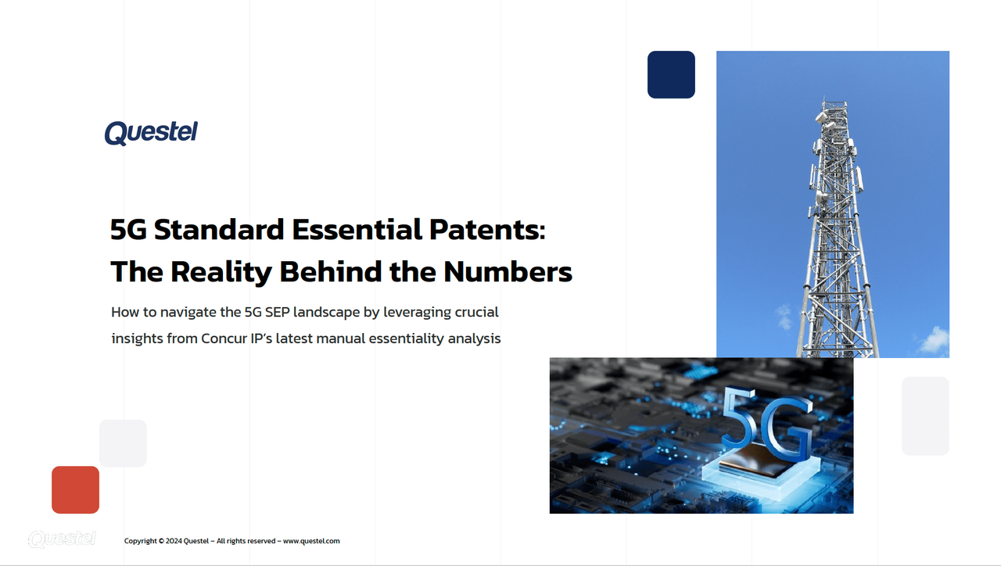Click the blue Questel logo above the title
click(x=151, y=133)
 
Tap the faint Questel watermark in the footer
click(x=62, y=539)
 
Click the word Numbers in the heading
click(x=508, y=271)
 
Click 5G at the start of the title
click(x=128, y=230)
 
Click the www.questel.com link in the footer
click(x=311, y=541)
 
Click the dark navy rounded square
click(x=671, y=75)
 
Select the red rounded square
click(x=75, y=490)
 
